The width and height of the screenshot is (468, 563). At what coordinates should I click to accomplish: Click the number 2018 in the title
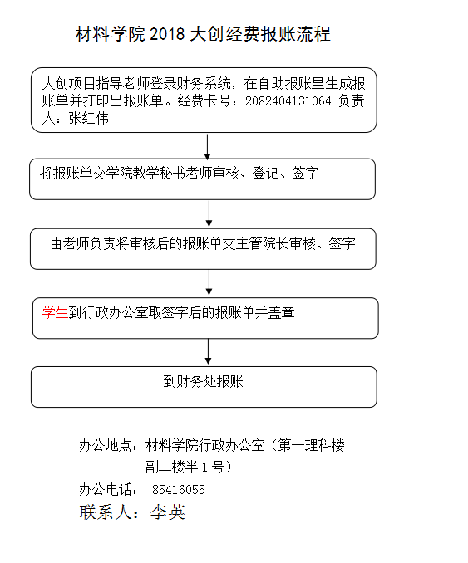167,35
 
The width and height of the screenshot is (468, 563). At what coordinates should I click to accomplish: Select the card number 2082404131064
288,101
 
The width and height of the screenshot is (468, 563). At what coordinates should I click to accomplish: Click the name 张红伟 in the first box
89,119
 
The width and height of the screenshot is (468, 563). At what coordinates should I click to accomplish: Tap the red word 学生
55,312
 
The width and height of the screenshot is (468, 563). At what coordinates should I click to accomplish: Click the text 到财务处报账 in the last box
204,381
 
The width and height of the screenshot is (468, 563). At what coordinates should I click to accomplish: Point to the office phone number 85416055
178,490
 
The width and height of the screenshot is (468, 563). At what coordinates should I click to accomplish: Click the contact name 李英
168,512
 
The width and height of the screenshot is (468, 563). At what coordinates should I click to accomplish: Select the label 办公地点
105,446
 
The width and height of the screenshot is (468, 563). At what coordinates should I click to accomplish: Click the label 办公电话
105,490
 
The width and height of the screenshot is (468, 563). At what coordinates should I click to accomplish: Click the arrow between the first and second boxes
208,147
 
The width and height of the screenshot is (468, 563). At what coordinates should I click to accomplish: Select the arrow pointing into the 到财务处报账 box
208,351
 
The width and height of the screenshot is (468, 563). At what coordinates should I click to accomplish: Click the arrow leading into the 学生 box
209,282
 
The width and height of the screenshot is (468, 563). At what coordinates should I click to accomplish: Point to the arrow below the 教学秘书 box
209,213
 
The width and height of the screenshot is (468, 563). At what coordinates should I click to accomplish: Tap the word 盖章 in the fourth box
282,312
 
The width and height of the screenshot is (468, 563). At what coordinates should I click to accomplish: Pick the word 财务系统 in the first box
204,84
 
